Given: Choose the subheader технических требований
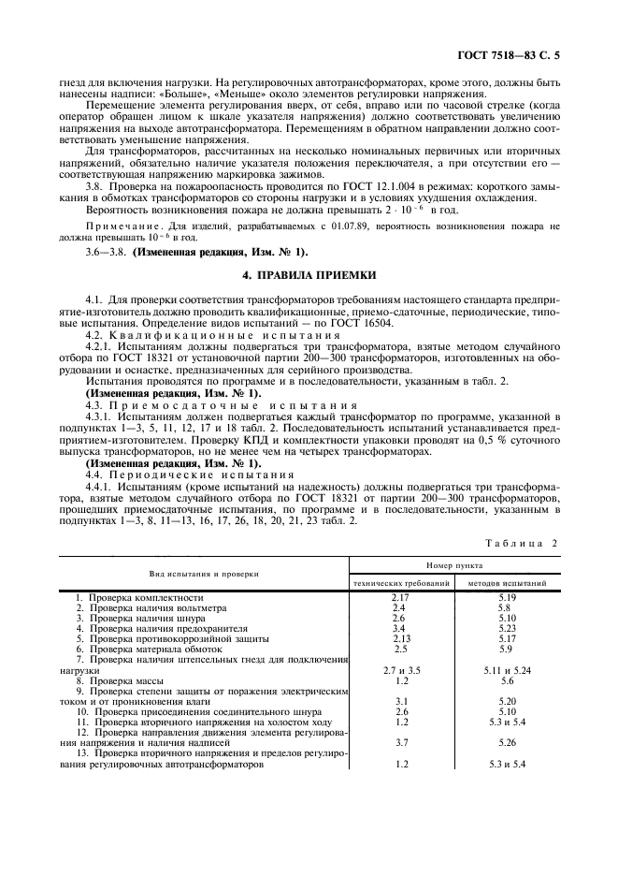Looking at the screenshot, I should (401, 582).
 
